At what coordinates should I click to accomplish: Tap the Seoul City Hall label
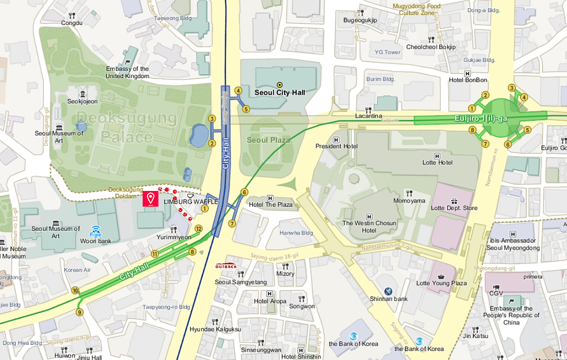[x=279, y=92]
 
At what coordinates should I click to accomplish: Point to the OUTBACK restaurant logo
[x=226, y=266]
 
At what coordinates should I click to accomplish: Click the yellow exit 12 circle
[x=198, y=229]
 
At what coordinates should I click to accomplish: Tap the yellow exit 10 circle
[x=75, y=291]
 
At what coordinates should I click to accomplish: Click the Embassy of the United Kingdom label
[x=127, y=72]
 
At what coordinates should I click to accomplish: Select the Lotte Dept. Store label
[x=454, y=208]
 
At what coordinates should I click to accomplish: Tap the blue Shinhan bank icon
[x=388, y=291]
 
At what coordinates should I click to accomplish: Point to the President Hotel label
[x=336, y=146]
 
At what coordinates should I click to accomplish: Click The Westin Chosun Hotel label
[x=369, y=226]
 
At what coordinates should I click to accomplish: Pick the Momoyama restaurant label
[x=410, y=201]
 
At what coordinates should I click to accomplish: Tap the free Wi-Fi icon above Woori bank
[x=96, y=230]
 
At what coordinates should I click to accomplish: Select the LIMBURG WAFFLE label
[x=191, y=201]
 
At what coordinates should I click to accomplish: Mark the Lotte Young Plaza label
[x=441, y=283]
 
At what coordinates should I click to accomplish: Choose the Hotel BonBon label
[x=468, y=80]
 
